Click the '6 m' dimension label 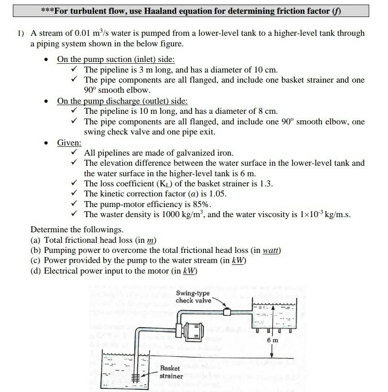click(272, 340)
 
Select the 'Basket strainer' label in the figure click(171, 372)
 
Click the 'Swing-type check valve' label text click(193, 297)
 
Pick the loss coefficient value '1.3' click(264, 184)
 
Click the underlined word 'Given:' click(69, 143)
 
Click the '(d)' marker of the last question click(36, 271)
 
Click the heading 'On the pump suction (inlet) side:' click(116, 60)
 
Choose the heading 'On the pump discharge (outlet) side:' click(122, 101)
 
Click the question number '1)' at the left click(21, 34)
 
